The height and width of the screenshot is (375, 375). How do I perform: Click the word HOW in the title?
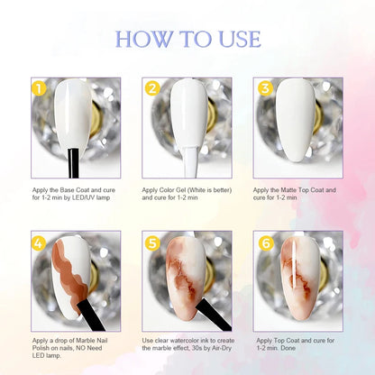144,39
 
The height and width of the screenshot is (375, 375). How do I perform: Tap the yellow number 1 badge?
39,88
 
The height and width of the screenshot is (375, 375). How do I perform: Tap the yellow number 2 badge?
152,88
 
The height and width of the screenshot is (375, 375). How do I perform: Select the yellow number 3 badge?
266,88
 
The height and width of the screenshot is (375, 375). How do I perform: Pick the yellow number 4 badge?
39,243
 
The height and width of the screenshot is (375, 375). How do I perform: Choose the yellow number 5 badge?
152,243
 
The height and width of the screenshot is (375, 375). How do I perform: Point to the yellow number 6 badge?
266,243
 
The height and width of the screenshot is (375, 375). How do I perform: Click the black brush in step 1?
73,163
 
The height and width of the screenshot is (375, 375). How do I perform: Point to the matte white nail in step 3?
296,120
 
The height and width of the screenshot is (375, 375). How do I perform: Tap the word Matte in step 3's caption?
288,190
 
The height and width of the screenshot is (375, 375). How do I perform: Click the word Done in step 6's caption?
288,348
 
